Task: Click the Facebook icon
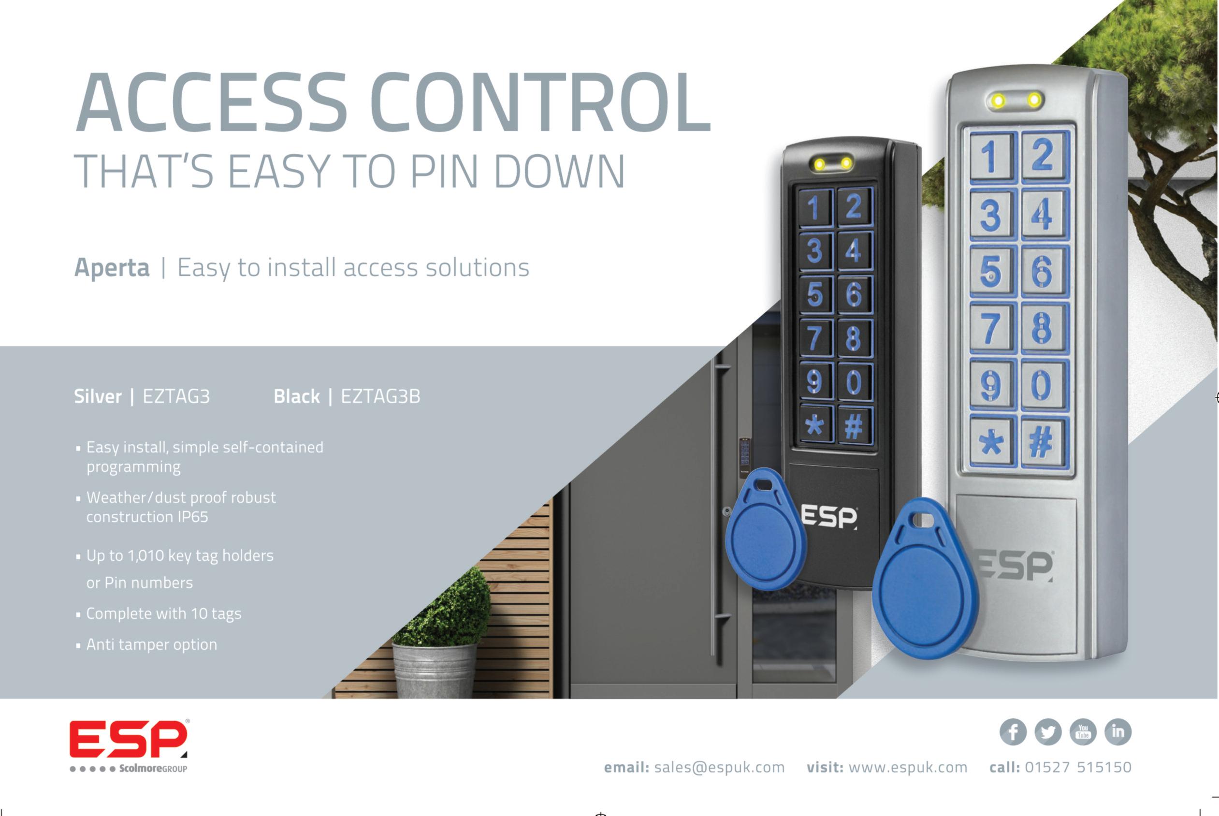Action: click(x=1013, y=732)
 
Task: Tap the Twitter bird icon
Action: click(x=1048, y=732)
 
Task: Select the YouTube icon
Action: click(x=1083, y=732)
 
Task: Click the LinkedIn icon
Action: click(x=1117, y=732)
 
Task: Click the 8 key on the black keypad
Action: click(x=853, y=338)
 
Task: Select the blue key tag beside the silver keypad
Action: click(x=925, y=580)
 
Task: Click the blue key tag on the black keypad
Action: click(x=764, y=531)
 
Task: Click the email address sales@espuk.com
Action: click(x=719, y=768)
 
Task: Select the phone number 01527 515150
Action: click(x=1078, y=768)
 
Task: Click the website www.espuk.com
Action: click(x=907, y=768)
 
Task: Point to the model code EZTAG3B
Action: click(x=380, y=396)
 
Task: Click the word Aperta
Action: click(x=112, y=268)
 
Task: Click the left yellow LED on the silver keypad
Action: click(x=998, y=101)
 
